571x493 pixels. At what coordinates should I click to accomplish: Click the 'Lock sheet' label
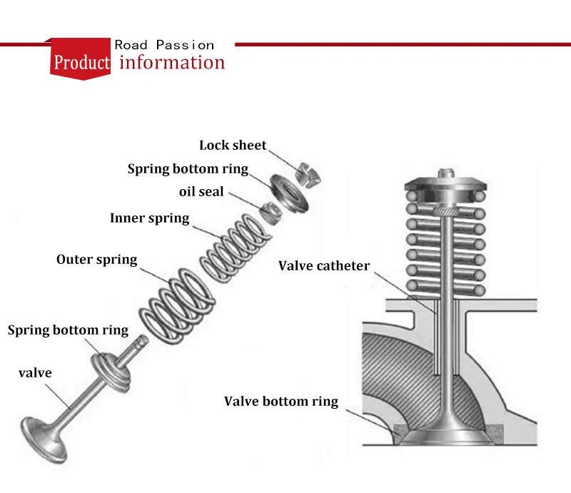233,145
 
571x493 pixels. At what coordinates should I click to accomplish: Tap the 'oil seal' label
201,192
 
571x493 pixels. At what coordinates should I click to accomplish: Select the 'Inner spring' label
150,218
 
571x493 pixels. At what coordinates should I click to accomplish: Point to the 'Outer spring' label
96,259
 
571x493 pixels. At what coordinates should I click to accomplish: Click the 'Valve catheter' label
324,266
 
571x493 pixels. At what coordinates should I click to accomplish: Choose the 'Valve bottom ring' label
281,401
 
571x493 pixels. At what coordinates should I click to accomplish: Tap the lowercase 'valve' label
35,372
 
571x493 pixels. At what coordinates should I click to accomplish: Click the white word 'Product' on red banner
82,63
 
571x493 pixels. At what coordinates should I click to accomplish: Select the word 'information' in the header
172,62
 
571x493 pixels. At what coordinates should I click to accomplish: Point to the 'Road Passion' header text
164,45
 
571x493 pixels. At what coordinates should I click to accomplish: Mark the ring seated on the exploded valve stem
113,369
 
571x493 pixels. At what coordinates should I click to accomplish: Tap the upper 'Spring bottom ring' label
188,169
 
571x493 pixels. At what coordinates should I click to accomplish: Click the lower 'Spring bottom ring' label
68,330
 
